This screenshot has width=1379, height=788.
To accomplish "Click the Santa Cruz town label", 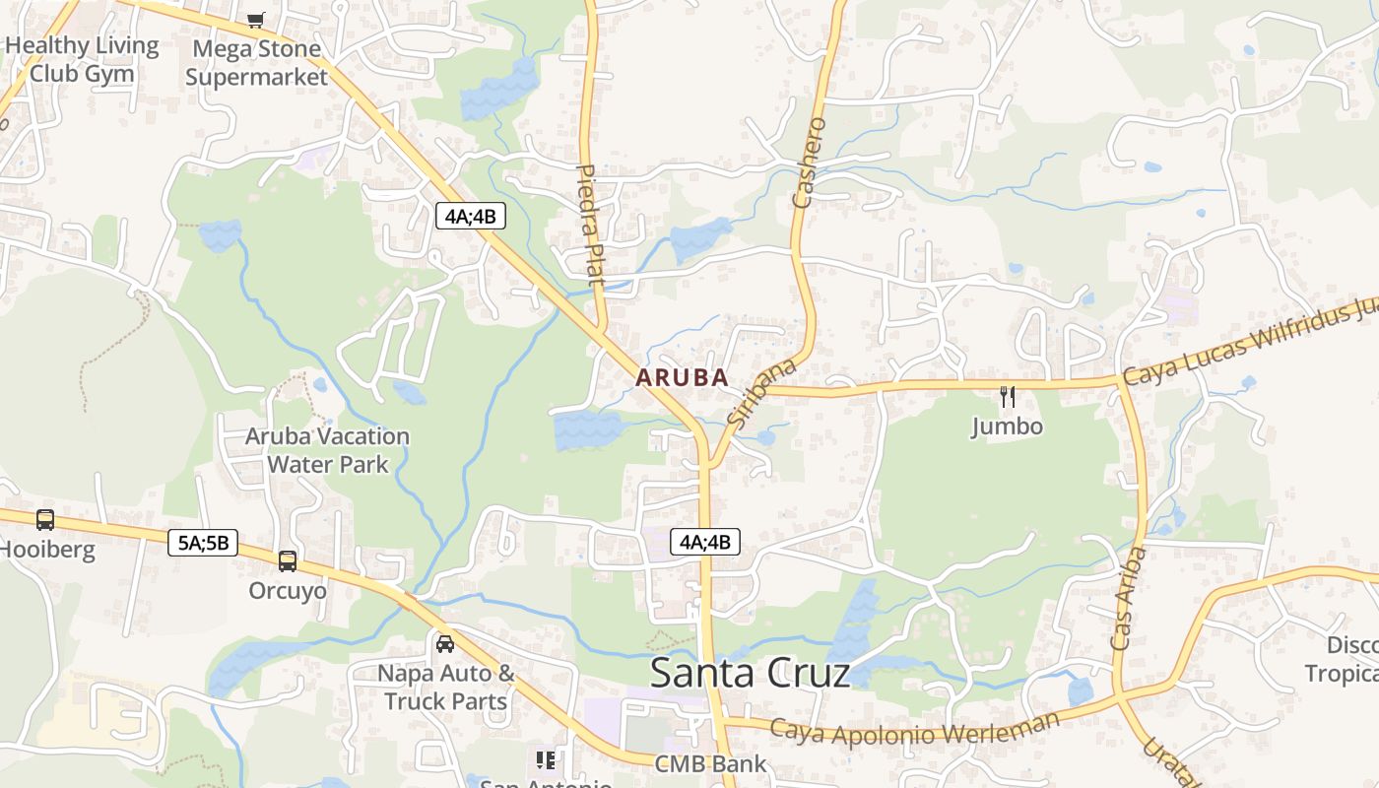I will [750, 673].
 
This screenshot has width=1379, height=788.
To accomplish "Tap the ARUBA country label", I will [682, 377].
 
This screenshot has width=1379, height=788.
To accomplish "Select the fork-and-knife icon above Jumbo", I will [1007, 397].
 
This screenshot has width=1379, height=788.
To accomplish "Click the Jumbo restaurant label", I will [1007, 427].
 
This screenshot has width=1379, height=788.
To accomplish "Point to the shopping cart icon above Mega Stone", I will [256, 20].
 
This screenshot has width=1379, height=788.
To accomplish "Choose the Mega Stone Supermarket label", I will [256, 62].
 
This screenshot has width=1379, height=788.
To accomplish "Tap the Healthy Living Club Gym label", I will [82, 59].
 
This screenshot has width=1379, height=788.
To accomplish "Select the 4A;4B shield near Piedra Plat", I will [470, 216].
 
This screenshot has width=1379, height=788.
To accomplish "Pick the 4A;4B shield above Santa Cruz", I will [705, 541].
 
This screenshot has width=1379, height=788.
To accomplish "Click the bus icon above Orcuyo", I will [288, 561].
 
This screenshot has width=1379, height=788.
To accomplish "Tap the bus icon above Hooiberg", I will [45, 519].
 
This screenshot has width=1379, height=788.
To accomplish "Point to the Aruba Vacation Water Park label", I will [327, 449].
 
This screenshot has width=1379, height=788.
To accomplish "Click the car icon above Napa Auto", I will [445, 644].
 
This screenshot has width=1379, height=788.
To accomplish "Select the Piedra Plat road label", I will [589, 225].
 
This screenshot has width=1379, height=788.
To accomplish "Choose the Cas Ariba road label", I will [1128, 599].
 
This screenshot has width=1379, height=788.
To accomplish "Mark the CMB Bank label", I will [711, 763].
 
